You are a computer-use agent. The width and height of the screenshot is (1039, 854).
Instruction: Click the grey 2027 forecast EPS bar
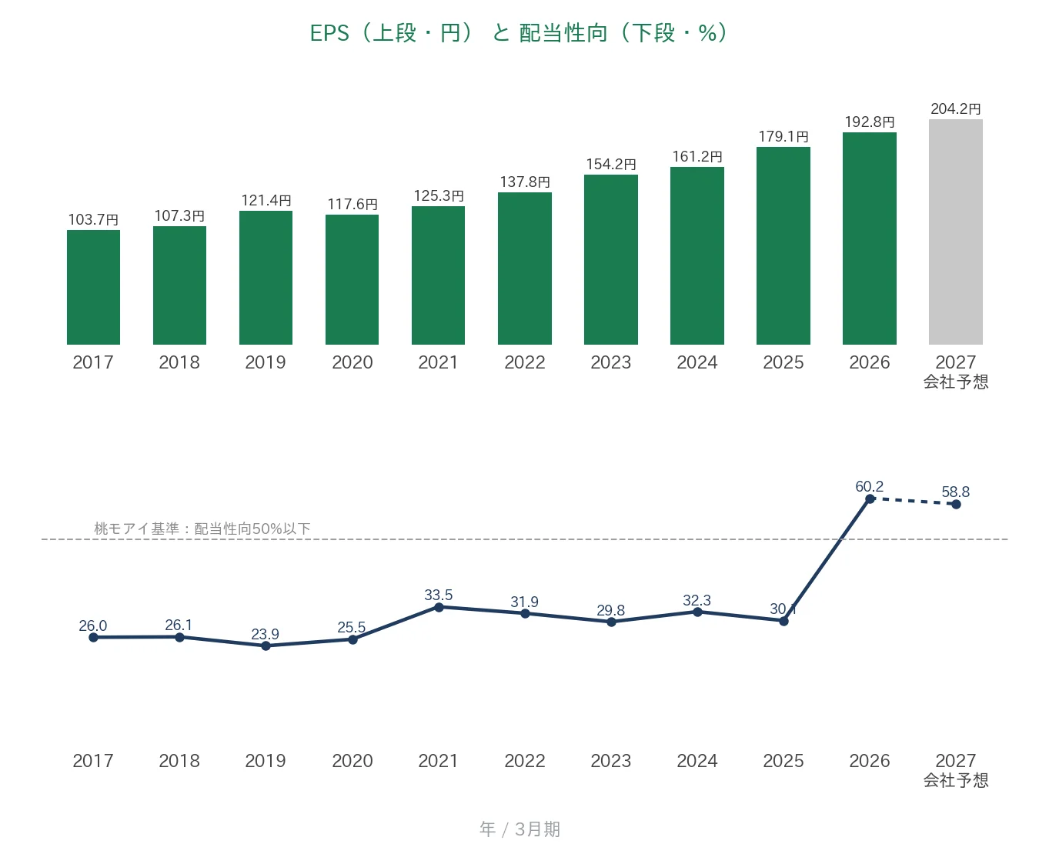pyautogui.click(x=955, y=232)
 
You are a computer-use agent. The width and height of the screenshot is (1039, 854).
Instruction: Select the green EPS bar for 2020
pyautogui.click(x=352, y=279)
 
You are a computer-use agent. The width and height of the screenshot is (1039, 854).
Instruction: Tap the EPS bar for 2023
pyautogui.click(x=610, y=259)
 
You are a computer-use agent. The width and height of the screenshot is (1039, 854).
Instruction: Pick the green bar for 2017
pyautogui.click(x=93, y=287)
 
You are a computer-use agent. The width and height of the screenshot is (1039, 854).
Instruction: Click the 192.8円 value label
pyautogui.click(x=870, y=122)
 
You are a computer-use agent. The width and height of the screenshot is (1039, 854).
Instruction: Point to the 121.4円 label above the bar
pyautogui.click(x=266, y=201)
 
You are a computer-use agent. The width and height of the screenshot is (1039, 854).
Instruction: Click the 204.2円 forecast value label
pyautogui.click(x=955, y=108)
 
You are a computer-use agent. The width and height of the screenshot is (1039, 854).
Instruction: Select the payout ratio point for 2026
pyautogui.click(x=870, y=499)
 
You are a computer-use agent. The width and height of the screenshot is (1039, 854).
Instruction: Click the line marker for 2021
pyautogui.click(x=439, y=607)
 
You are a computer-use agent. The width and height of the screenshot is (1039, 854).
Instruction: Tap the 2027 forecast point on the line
pyautogui.click(x=956, y=505)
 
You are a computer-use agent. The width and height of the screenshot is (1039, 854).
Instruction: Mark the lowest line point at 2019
pyautogui.click(x=266, y=646)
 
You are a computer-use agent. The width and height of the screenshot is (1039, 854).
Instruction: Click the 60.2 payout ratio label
pyautogui.click(x=869, y=486)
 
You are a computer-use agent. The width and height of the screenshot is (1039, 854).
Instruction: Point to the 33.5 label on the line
pyautogui.click(x=439, y=595)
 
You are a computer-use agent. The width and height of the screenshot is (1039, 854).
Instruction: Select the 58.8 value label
pyautogui.click(x=955, y=492)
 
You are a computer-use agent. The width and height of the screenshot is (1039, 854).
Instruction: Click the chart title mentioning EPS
pyautogui.click(x=519, y=33)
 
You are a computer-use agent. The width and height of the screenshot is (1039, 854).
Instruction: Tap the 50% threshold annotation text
pyautogui.click(x=202, y=529)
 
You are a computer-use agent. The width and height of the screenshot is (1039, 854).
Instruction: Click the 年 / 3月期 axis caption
pyautogui.click(x=519, y=829)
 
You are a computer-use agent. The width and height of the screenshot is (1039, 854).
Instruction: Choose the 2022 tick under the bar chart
pyautogui.click(x=524, y=362)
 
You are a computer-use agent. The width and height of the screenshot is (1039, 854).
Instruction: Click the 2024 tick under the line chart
pyautogui.click(x=697, y=761)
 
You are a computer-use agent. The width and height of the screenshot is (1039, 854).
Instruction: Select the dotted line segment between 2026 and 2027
pyautogui.click(x=912, y=502)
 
